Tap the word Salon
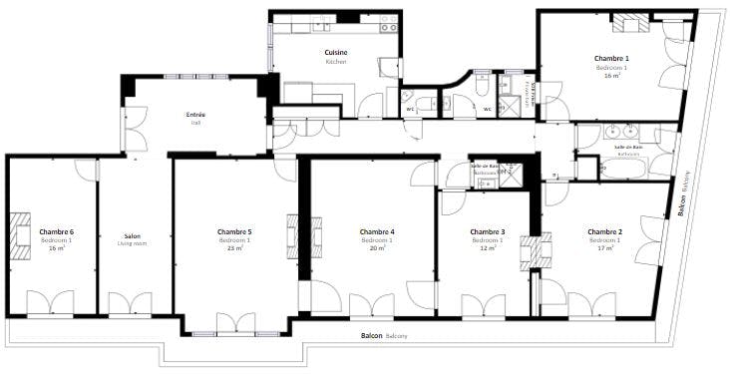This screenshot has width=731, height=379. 132,236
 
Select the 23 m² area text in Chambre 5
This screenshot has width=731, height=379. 234,247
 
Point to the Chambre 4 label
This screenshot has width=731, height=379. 376,231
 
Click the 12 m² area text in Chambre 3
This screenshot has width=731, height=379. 488,247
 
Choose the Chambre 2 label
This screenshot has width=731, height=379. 604,231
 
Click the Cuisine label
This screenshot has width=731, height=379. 335,52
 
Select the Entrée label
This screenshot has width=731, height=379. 195,115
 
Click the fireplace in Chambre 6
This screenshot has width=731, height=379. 20,230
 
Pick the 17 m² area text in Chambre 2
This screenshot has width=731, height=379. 604,247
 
